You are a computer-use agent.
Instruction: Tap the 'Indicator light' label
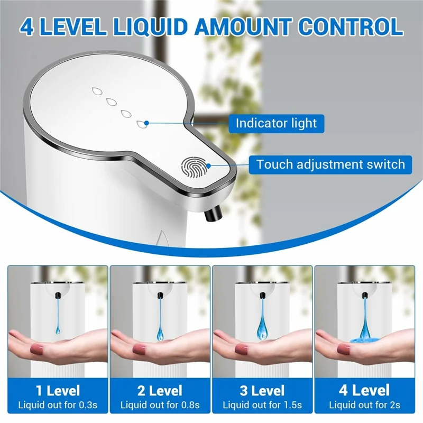[x=276, y=124]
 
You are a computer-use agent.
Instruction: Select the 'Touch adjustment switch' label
[x=330, y=164]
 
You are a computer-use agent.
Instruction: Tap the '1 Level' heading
[x=58, y=391]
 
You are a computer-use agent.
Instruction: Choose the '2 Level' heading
[x=160, y=391]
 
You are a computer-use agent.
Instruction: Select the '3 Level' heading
[x=262, y=391]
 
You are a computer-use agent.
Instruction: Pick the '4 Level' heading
[x=365, y=391]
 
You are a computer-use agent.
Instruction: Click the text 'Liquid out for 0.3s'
[x=58, y=406]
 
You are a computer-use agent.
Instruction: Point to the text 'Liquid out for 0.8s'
[x=160, y=406]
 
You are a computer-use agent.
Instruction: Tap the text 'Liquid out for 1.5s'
[x=262, y=406]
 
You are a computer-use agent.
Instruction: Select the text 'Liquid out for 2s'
[x=365, y=406]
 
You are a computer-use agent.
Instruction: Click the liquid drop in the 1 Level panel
[x=58, y=330]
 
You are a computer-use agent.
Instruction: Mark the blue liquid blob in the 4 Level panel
[x=365, y=334]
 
